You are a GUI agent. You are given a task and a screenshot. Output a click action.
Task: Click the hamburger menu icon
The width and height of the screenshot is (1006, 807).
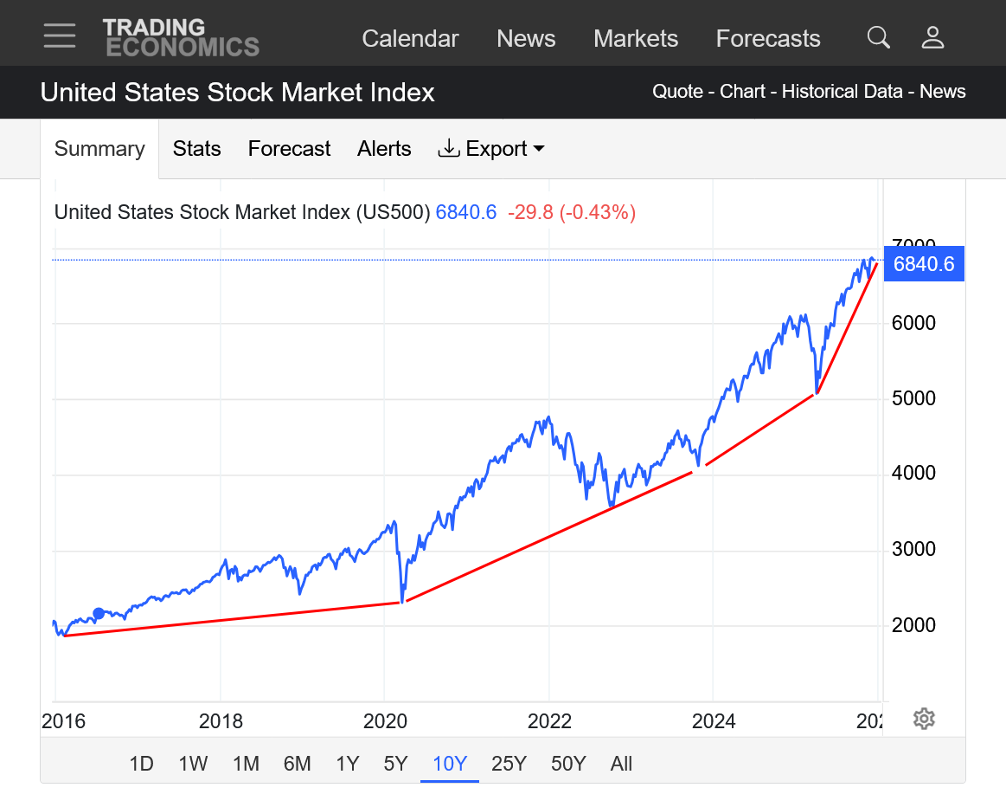(60, 36)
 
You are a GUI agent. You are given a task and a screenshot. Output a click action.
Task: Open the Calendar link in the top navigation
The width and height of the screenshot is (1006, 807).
(410, 39)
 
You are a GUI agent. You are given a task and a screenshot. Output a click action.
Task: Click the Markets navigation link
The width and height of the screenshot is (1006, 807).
(636, 39)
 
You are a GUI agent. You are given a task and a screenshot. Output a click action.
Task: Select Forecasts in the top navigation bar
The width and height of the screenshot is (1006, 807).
(768, 39)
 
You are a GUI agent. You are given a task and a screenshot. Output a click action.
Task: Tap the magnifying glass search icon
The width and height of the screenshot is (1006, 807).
(878, 37)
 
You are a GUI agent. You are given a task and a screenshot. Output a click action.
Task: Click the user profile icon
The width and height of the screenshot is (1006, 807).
(932, 37)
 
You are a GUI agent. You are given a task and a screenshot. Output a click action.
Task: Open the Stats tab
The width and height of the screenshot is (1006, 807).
(196, 149)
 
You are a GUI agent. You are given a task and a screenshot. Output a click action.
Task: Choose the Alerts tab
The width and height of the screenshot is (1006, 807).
(384, 149)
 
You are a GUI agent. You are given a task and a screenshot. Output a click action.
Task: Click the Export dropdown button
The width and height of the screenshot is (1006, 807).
(491, 149)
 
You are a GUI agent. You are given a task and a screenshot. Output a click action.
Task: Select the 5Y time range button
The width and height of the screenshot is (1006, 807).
(395, 764)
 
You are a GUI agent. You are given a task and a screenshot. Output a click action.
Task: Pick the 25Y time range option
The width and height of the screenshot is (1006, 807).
(509, 764)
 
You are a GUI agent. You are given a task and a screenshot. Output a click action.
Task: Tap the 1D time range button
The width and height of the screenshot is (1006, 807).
(141, 764)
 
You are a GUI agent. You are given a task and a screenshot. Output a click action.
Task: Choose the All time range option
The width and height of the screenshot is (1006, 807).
(621, 764)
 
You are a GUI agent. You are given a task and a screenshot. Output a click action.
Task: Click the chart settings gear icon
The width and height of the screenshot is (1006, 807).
(924, 719)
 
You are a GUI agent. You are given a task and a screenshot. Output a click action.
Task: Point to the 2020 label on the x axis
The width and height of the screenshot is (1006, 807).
(385, 721)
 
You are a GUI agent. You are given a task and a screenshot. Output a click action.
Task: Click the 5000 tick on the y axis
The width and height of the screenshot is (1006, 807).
(913, 398)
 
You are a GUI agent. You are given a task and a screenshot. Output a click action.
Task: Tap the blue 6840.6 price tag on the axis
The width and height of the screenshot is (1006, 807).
(924, 264)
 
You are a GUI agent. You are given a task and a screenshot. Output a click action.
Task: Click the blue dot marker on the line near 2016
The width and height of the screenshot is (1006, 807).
(99, 613)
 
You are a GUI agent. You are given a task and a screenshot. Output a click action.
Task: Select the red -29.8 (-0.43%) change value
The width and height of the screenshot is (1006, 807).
(571, 212)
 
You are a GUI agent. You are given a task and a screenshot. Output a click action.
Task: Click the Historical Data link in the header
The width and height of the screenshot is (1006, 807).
(842, 92)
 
